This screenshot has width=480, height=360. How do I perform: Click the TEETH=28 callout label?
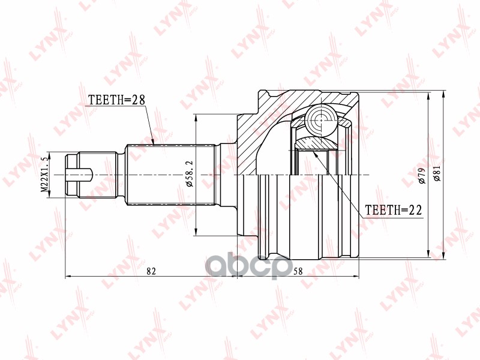tap(116, 100)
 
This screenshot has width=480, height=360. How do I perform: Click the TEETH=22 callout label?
tap(394, 210)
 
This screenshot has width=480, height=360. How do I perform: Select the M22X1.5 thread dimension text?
tap(44, 175)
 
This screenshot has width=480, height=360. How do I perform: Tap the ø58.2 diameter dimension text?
tap(189, 175)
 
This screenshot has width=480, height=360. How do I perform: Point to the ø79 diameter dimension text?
tap(422, 176)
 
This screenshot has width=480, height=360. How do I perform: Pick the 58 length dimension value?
tap(298, 271)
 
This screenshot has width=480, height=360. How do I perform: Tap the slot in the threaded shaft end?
tap(79, 175)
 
